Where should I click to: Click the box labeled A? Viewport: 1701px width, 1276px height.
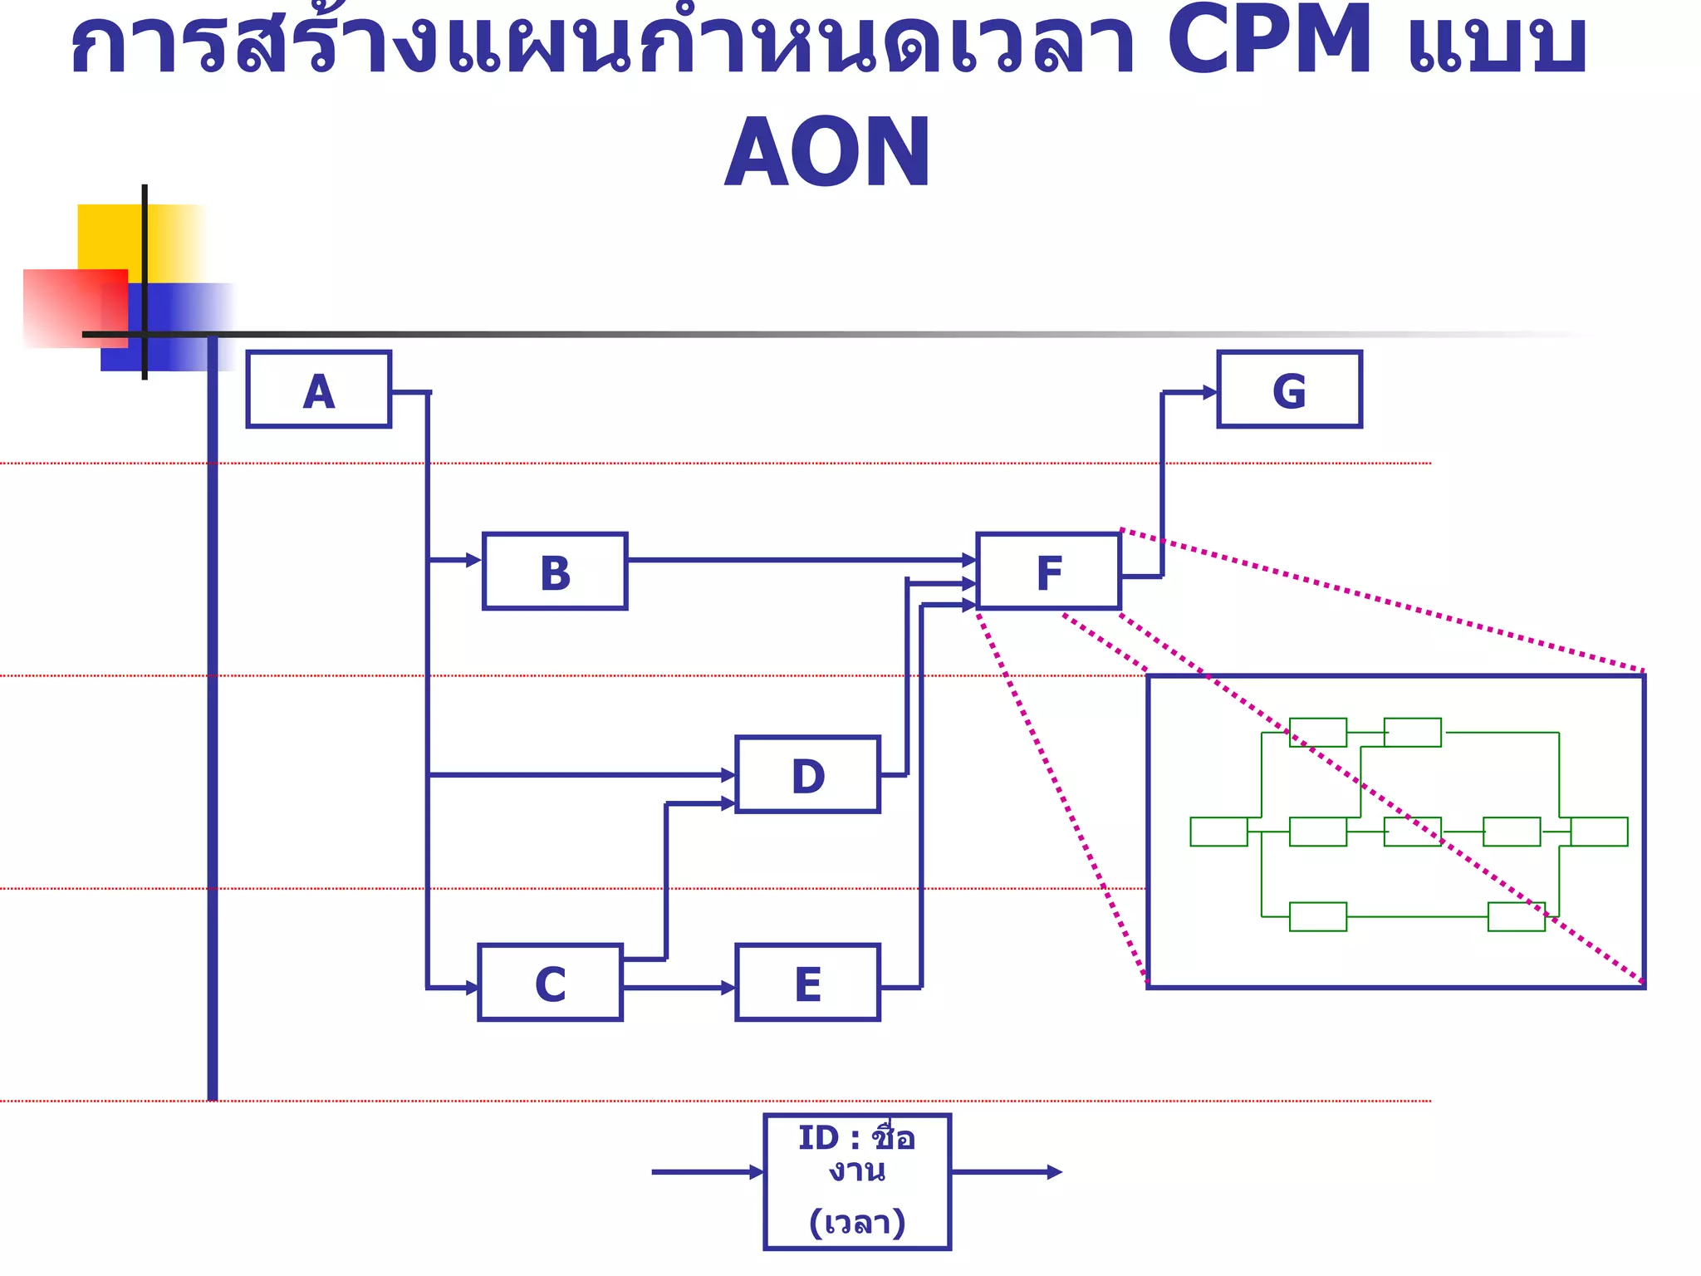[319, 390]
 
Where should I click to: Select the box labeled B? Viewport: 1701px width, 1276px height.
[555, 572]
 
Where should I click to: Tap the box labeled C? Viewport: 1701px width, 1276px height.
[550, 983]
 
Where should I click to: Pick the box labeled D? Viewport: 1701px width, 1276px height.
[807, 774]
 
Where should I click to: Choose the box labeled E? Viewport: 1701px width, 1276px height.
[807, 983]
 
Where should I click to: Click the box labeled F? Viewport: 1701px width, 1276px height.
[1049, 572]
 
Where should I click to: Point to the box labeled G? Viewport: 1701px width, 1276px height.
[1289, 390]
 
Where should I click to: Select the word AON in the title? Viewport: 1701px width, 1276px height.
[827, 153]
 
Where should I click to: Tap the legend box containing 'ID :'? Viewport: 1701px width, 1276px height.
[857, 1181]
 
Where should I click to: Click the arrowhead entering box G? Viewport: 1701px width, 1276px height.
[1210, 392]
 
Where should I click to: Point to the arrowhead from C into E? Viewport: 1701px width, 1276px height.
[728, 988]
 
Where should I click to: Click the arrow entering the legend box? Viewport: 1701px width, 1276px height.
[706, 1172]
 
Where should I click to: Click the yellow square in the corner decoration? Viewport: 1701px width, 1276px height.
[108, 236]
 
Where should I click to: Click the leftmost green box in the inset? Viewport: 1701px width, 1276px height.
[1218, 832]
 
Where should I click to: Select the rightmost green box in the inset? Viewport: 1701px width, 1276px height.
[1599, 832]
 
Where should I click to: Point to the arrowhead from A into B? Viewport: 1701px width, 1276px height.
[474, 560]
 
